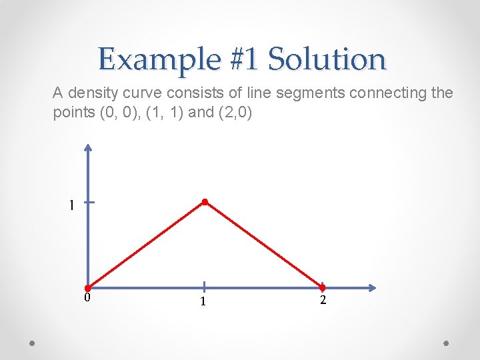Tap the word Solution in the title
327,59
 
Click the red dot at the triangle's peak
205,201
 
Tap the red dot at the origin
87,289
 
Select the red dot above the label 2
322,289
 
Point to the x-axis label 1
203,302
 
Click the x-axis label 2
323,301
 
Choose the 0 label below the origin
87,298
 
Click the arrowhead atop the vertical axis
88,148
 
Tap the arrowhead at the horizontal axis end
371,288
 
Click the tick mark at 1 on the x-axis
204,287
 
